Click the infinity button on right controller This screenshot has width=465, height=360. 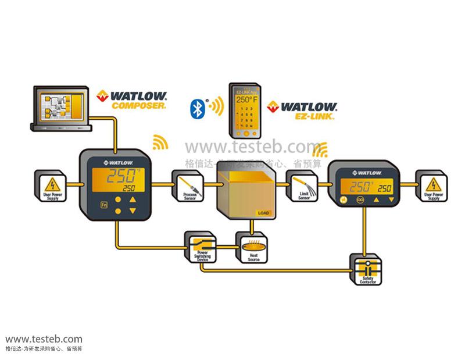coord(360,199)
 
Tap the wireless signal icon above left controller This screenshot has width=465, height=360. coord(159,142)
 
